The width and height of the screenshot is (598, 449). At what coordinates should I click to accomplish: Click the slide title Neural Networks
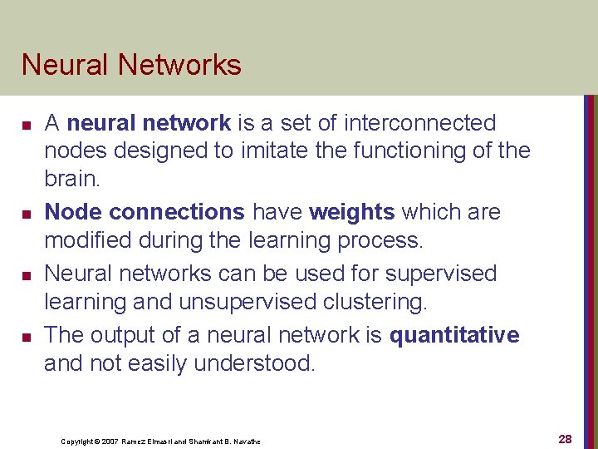point(131,65)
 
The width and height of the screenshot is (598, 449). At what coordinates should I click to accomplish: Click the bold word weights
point(351,212)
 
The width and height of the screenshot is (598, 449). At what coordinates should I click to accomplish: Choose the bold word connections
point(176,212)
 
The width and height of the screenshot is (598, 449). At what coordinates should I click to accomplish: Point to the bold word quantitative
point(454,335)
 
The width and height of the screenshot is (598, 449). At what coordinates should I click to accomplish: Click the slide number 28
point(565,439)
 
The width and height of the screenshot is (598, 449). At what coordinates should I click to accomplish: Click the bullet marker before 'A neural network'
point(27,126)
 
